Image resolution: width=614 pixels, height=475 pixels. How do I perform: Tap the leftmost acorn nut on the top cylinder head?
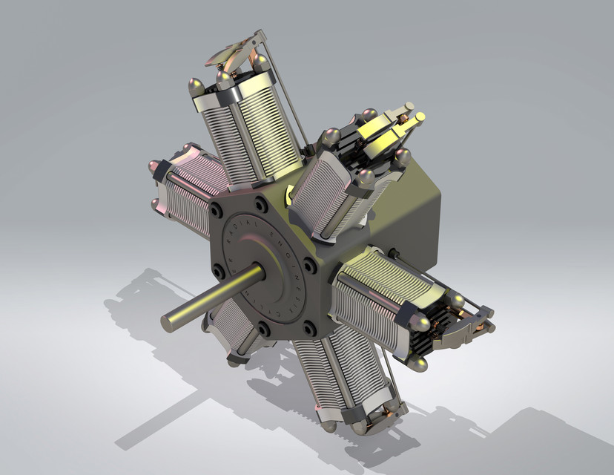click(197, 86)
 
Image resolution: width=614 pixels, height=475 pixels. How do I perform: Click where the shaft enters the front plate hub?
click(257, 272)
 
